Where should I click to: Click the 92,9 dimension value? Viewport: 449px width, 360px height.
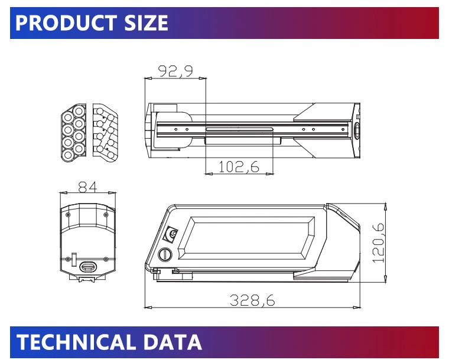(175, 71)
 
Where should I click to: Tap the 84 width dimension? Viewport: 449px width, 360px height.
(87, 187)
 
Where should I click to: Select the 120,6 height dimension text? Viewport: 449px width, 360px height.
(378, 243)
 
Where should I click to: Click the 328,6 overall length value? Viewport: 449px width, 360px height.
(252, 300)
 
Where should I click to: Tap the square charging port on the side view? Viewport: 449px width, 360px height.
(172, 234)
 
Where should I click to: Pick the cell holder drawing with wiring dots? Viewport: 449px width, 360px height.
(105, 133)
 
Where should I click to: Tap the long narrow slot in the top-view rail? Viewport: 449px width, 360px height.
(239, 129)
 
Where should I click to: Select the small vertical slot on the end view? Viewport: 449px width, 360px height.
(74, 260)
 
